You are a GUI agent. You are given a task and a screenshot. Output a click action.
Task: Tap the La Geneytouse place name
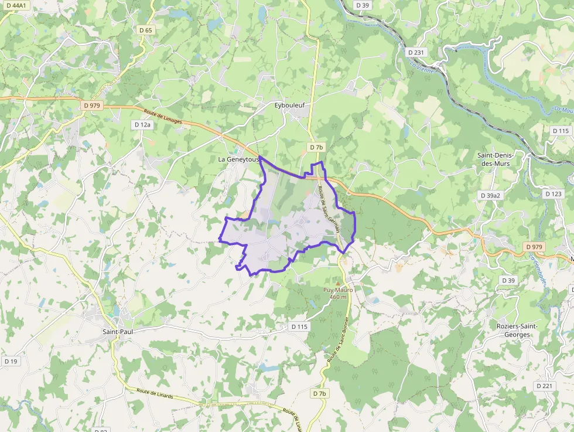(238, 159)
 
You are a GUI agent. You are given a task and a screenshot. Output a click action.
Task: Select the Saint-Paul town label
(119, 332)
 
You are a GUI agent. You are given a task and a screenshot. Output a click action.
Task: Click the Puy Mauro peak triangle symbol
(337, 283)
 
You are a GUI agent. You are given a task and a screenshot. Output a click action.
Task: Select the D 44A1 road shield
(16, 5)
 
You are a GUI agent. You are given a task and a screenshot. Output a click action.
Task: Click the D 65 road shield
(145, 30)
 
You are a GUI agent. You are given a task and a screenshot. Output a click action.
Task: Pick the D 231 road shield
(416, 52)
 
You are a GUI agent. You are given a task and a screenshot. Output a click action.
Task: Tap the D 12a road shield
(142, 124)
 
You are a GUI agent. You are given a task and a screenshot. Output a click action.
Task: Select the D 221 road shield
(544, 386)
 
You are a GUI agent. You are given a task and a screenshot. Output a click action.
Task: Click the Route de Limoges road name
(163, 116)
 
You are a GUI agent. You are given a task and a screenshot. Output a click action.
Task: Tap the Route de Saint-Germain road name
(329, 209)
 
